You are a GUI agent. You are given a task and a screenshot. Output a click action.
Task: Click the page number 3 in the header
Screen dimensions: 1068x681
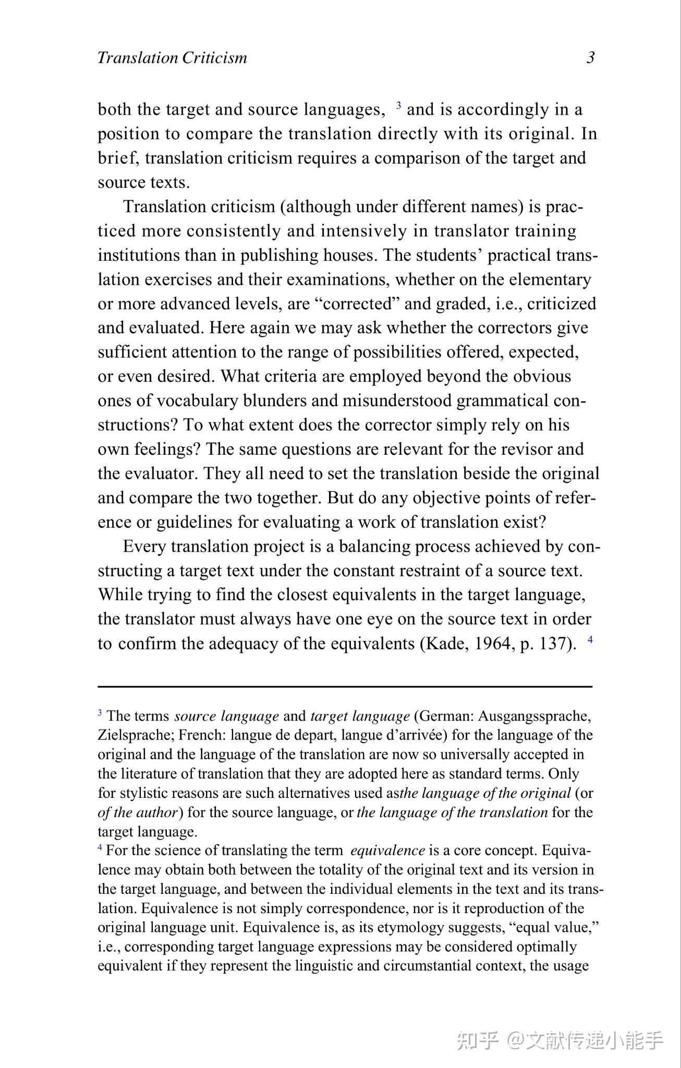click(590, 57)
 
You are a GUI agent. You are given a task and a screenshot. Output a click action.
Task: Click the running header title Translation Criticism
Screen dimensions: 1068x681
click(172, 57)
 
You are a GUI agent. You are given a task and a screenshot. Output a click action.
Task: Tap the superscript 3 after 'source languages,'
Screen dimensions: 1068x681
click(398, 106)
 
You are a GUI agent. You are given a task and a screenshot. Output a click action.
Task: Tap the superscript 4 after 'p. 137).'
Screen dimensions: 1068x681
click(590, 640)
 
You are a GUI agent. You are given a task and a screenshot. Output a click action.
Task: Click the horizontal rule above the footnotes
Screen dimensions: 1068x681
click(345, 687)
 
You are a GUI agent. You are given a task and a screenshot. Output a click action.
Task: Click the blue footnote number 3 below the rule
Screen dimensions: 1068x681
click(100, 713)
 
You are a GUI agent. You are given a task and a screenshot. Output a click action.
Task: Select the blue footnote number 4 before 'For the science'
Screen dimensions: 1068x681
click(100, 848)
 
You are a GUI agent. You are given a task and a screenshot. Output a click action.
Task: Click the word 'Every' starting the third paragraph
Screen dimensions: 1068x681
click(144, 547)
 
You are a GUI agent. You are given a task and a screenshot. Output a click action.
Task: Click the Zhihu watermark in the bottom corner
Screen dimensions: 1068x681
click(560, 1040)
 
